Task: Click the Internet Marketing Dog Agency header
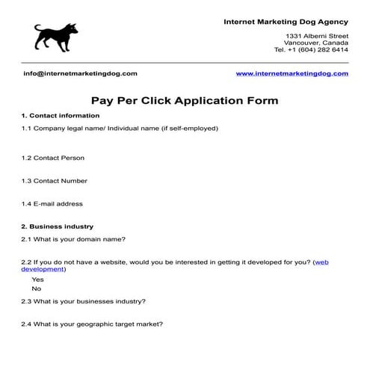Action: [x=286, y=21]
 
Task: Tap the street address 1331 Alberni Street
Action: [x=317, y=36]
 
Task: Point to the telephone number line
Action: [x=311, y=50]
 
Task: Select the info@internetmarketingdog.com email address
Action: [x=80, y=73]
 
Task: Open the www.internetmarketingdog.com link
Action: [x=292, y=73]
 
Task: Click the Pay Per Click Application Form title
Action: [x=185, y=99]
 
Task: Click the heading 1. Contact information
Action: [x=61, y=116]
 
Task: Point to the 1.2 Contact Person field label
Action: [x=53, y=158]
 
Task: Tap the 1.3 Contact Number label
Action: [x=55, y=181]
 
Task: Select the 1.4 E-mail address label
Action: [x=52, y=203]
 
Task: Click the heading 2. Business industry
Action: [x=58, y=226]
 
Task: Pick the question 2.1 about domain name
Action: [x=73, y=239]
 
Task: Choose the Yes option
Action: [x=38, y=280]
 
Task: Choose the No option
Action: [x=37, y=289]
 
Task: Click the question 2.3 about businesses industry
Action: [x=84, y=301]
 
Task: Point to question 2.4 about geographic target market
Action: [x=92, y=324]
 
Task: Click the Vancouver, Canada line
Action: [x=318, y=43]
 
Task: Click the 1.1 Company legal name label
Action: [x=120, y=128]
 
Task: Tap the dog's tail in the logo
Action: [x=37, y=28]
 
